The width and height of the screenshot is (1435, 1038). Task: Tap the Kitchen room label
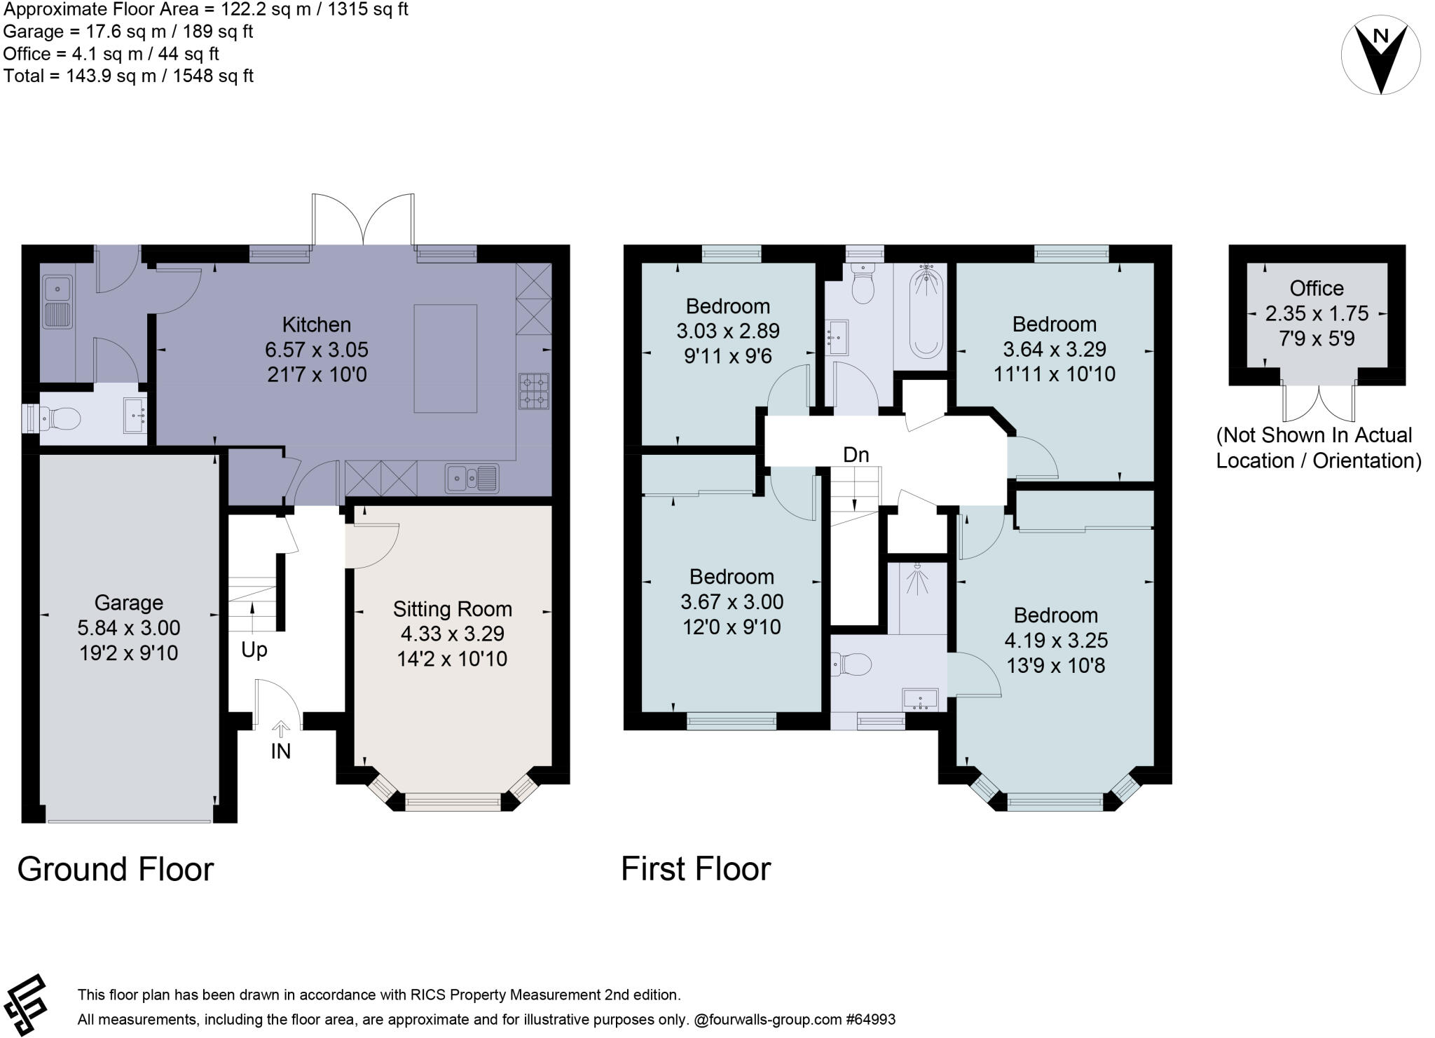tap(316, 325)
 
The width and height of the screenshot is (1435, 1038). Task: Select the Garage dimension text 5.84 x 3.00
tap(129, 627)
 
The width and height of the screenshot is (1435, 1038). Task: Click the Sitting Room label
tap(452, 608)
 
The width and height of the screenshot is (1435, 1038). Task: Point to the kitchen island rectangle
tap(445, 358)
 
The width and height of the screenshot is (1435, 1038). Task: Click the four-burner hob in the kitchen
tap(535, 392)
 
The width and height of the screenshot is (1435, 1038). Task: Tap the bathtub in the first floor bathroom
tap(927, 313)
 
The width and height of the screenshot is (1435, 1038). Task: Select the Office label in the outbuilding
tap(1317, 288)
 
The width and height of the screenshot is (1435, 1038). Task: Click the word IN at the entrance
tap(280, 751)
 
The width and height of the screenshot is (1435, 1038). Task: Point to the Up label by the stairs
tap(254, 650)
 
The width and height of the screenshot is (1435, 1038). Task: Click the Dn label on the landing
tap(856, 455)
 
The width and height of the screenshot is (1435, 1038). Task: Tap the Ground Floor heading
tap(116, 869)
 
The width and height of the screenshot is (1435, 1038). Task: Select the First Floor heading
tap(696, 869)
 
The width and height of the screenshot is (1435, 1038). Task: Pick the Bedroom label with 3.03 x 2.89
tap(728, 306)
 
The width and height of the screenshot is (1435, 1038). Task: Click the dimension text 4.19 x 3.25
tap(1056, 640)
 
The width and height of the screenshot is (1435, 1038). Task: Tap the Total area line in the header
tap(128, 76)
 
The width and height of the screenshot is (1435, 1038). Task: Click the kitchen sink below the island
tap(472, 478)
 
